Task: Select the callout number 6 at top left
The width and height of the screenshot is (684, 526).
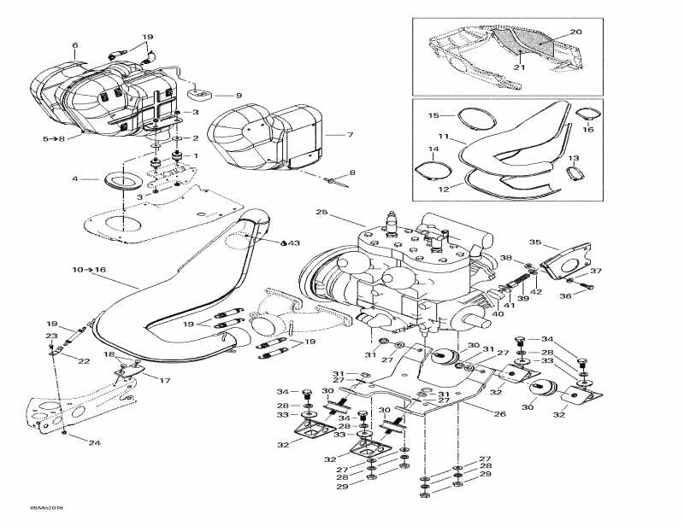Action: coord(74,45)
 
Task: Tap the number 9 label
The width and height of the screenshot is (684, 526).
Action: coord(215,96)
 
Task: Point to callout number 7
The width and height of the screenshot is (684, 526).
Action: coord(349,135)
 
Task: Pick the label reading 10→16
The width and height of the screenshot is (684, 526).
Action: coord(90,270)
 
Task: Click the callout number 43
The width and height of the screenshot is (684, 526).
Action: coord(294,243)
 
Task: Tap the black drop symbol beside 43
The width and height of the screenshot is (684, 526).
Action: coord(282,243)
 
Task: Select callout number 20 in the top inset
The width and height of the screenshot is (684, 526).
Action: coord(575,32)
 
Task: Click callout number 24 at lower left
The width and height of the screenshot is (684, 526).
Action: coord(94,442)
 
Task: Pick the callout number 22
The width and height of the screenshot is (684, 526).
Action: coord(85,361)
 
